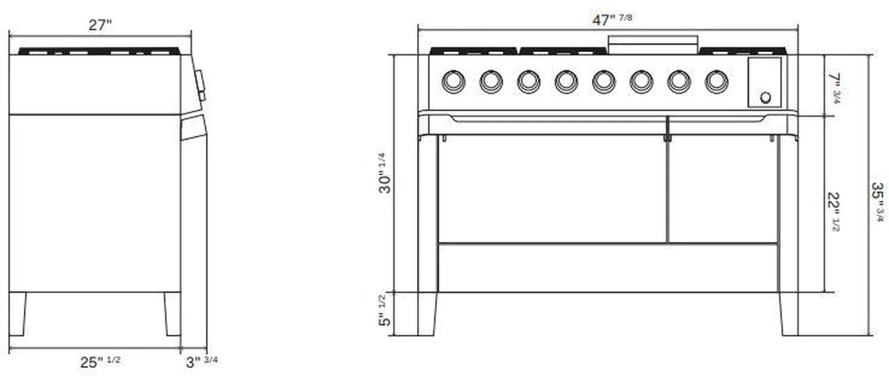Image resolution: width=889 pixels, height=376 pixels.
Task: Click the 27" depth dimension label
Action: click(x=100, y=25)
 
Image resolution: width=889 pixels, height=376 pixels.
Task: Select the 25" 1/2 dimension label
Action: click(x=100, y=362)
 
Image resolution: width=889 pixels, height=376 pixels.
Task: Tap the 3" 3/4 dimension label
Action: click(x=202, y=362)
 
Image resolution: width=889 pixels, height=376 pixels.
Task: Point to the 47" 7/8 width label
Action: click(x=612, y=19)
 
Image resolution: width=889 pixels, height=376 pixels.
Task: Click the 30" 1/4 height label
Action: click(x=385, y=173)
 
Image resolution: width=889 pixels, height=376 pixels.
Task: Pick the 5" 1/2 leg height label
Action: click(x=385, y=311)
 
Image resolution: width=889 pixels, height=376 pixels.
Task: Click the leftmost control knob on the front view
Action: click(x=453, y=82)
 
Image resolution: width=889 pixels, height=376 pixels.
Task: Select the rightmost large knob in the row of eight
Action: click(x=716, y=82)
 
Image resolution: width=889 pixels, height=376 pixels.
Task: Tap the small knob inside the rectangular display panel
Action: click(x=765, y=98)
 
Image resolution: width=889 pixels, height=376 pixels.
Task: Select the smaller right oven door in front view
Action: click(x=722, y=189)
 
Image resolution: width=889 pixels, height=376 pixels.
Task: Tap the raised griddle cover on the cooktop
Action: click(x=653, y=43)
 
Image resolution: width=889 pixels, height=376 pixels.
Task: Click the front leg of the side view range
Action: click(x=172, y=314)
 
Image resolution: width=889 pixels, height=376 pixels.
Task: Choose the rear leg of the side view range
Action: click(x=17, y=314)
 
